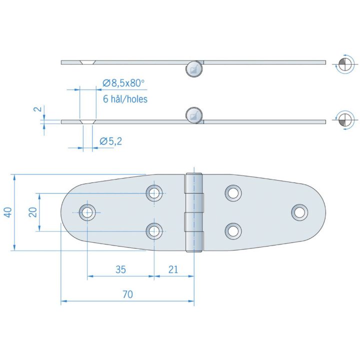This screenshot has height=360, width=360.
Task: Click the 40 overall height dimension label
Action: tap(8, 212)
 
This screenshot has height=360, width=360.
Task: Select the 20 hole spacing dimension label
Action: tap(33, 212)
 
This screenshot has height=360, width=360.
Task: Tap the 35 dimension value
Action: tap(121, 269)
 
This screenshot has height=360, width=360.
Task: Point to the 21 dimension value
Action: tap(173, 269)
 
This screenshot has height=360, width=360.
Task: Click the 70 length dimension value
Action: tap(127, 294)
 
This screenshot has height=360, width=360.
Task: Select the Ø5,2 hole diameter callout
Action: tap(111, 141)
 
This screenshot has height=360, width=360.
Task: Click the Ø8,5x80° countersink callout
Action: tap(124, 83)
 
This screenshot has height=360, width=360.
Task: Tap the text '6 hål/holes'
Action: tap(125, 99)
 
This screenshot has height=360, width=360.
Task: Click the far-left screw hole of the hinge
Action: tap(87, 212)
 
